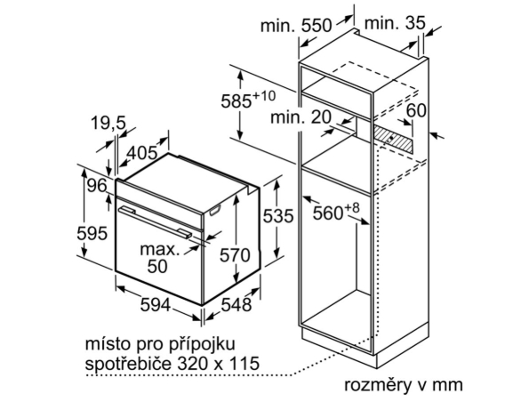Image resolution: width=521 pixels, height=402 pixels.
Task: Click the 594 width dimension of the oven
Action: tap(156, 305)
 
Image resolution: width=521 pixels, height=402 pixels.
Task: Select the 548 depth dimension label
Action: tap(236, 305)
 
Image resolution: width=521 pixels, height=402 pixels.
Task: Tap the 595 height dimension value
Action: tap(92, 233)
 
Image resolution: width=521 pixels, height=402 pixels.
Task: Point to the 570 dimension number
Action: tap(235, 255)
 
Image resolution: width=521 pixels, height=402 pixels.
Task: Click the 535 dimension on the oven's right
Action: tap(278, 216)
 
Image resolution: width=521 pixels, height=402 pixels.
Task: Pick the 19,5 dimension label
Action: tap(108, 124)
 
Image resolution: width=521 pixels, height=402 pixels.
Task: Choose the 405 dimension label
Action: tap(142, 153)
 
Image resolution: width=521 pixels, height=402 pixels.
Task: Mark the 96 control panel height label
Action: tap(97, 185)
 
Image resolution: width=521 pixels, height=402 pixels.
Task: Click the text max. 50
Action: tap(159, 258)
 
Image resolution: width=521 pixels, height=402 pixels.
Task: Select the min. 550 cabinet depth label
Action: tap(296, 25)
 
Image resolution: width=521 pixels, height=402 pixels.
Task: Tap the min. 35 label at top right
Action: tap(395, 23)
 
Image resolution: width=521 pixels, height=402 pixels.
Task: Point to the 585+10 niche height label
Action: tap(248, 99)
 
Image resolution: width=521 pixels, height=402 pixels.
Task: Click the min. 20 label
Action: tap(301, 117)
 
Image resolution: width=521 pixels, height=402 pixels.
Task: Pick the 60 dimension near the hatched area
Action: tap(416, 110)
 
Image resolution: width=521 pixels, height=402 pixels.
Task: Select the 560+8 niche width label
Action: tap(336, 212)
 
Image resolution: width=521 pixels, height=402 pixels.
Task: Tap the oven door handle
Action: tap(156, 222)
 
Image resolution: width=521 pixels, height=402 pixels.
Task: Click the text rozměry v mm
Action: tap(403, 385)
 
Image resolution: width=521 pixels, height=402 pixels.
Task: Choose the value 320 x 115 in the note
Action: tap(218, 363)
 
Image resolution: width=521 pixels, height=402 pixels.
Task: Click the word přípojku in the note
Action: tap(202, 344)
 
